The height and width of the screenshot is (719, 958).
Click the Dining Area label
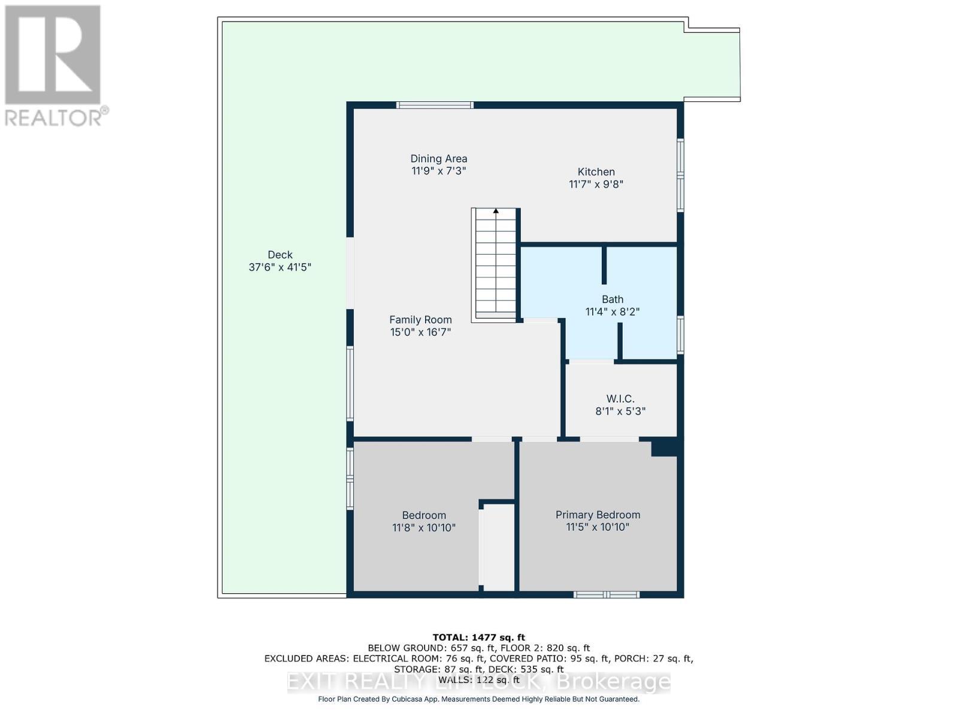click(438, 159)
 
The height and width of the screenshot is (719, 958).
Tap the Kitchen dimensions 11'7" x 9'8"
click(596, 185)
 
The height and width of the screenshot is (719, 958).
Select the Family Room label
click(420, 320)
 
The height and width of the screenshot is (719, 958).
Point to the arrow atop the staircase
click(496, 211)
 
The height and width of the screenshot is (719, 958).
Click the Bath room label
click(613, 299)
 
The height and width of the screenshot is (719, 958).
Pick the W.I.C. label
click(620, 399)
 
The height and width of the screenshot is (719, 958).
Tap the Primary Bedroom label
click(598, 515)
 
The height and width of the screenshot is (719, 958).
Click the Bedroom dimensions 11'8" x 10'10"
click(424, 528)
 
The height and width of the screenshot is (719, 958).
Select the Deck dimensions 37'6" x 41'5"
click(280, 267)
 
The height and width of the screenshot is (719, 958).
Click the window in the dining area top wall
click(435, 105)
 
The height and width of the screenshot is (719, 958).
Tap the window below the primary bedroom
click(607, 594)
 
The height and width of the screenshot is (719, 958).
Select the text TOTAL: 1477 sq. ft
click(478, 638)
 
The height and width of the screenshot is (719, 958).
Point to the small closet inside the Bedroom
click(498, 546)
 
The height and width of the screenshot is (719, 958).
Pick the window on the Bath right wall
click(680, 334)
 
